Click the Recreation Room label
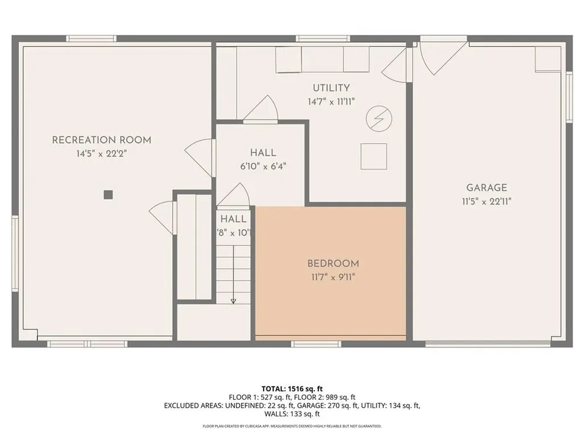pos(102,140)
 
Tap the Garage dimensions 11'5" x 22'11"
pos(486,201)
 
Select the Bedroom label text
pos(333,263)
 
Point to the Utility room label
pos(331,88)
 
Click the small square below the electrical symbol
pos(374,156)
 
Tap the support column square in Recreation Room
pos(108,194)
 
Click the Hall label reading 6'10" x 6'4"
pos(263,167)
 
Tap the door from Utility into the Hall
pos(261,109)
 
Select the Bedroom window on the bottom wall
pos(316,344)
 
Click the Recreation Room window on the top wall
pos(91,39)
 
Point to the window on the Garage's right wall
pos(569,97)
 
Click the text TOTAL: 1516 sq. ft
pos(291,389)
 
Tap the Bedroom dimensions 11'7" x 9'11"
pos(333,277)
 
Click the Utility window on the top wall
pos(322,39)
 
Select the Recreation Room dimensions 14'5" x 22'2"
pos(102,153)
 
